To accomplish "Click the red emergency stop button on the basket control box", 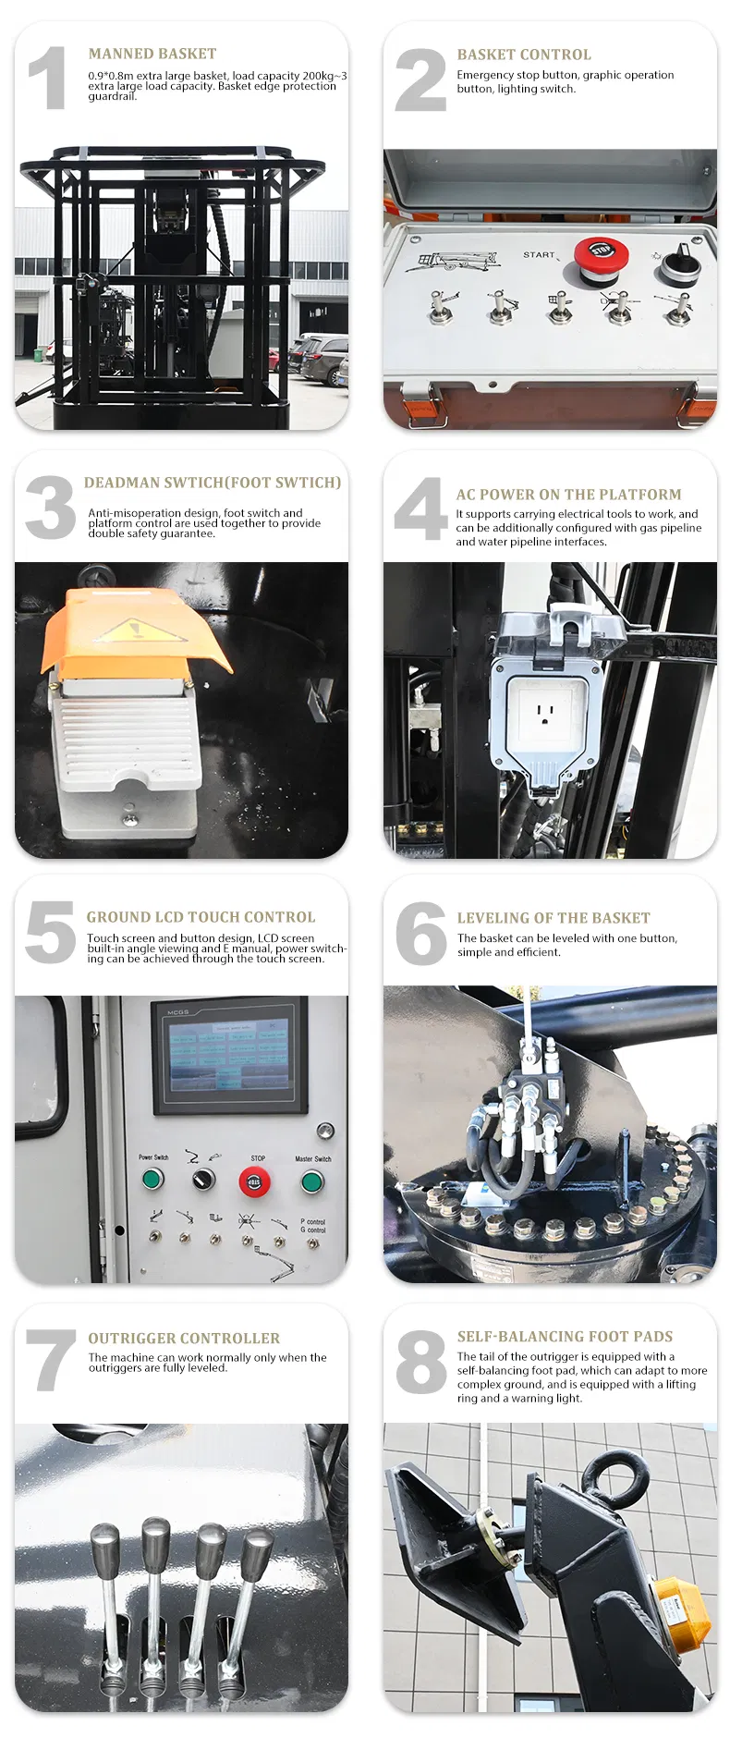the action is [601, 255].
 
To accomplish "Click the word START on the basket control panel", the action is [540, 254].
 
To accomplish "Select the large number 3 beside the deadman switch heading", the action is [51, 508].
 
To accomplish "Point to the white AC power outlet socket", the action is [545, 712].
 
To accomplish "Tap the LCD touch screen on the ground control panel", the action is [229, 1055].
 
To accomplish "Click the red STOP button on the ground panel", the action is [255, 1181].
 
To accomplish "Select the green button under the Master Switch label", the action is [312, 1181].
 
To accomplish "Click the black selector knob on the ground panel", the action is [203, 1180].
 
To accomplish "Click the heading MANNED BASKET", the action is [152, 54].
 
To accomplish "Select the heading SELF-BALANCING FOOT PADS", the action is [565, 1336].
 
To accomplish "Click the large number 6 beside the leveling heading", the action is [420, 933].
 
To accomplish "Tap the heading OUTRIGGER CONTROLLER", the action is [184, 1338].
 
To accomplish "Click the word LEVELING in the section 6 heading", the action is [493, 918].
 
